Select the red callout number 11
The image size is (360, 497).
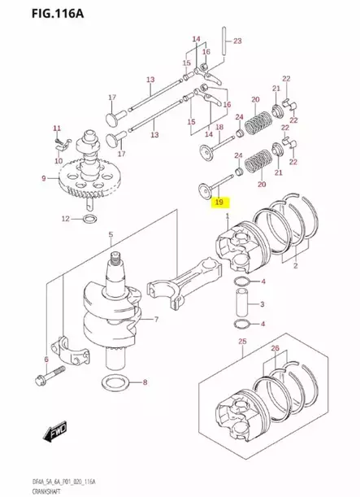(57, 129)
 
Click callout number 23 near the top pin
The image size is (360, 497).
(237, 41)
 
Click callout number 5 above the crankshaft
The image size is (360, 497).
(111, 235)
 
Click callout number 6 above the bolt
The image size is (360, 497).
(46, 360)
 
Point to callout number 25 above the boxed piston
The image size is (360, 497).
(242, 342)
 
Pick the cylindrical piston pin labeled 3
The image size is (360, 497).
(241, 304)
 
